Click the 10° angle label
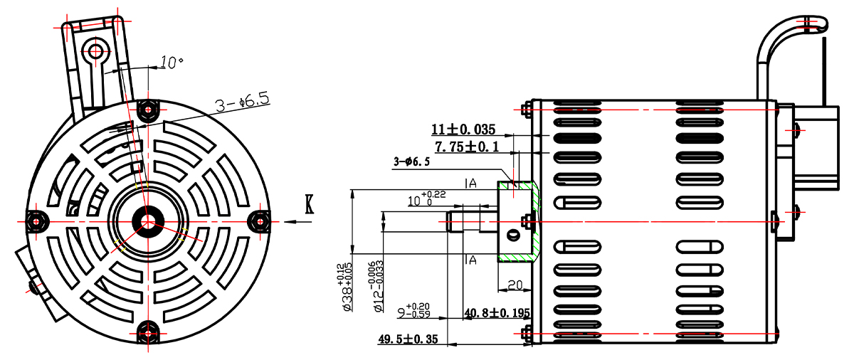point(172,62)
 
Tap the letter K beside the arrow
point(309,204)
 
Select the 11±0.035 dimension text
point(463,129)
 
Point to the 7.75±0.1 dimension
point(467,147)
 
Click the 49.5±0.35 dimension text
point(408,339)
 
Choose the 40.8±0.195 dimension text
point(497,313)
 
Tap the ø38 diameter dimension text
point(344,287)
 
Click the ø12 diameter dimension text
point(376,287)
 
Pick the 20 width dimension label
point(515,285)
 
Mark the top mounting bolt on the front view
point(148,110)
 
